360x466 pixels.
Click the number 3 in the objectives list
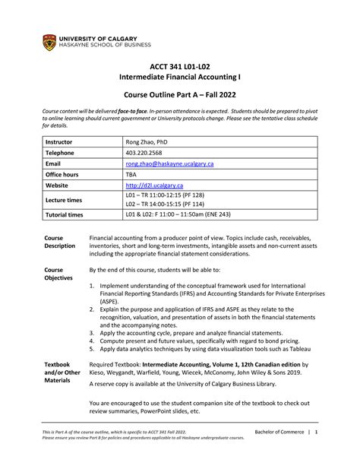(x=92, y=332)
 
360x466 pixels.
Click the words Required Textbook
(x=117, y=365)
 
